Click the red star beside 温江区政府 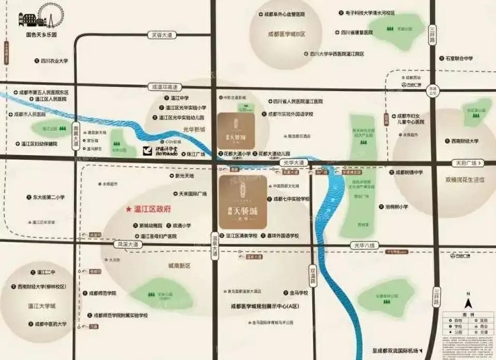[x=129, y=209]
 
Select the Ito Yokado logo [x=160, y=151]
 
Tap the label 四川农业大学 [x=54, y=61]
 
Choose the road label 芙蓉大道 [x=162, y=35]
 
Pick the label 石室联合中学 [x=459, y=58]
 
